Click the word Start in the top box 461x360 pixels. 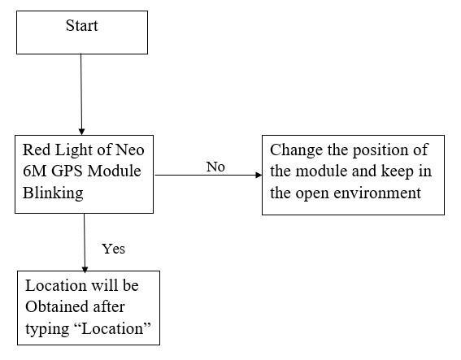[x=81, y=26]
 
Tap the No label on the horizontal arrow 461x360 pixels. [x=215, y=167]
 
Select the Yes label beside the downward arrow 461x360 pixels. [x=113, y=249]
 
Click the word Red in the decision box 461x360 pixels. [x=37, y=150]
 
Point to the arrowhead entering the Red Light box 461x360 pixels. [x=81, y=131]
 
